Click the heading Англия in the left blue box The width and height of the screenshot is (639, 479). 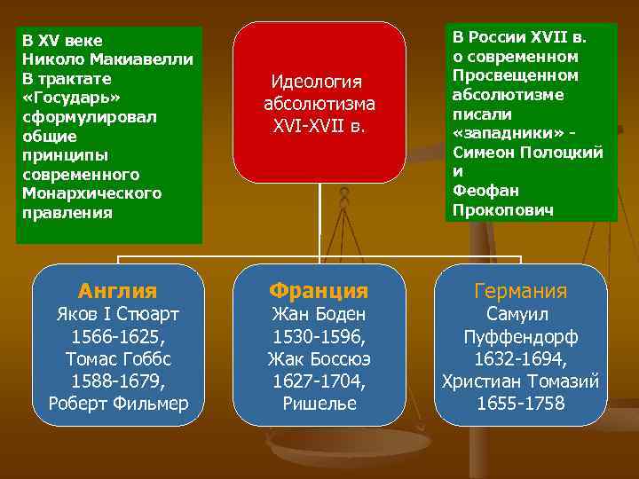click(x=117, y=290)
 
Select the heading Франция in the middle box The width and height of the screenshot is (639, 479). click(x=319, y=290)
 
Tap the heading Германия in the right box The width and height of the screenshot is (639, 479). click(x=521, y=291)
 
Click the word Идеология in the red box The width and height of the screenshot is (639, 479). click(x=319, y=82)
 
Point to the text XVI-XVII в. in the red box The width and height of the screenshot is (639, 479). click(x=319, y=126)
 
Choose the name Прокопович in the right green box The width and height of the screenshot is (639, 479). click(x=503, y=210)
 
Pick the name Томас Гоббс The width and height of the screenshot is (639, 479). click(x=117, y=358)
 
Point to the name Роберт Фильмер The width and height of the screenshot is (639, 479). click(x=117, y=404)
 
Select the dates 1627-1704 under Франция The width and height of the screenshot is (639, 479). click(x=319, y=381)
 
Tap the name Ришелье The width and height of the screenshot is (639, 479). click(x=319, y=404)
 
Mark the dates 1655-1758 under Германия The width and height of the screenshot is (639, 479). click(x=521, y=404)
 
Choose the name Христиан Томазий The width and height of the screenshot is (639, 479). click(x=521, y=381)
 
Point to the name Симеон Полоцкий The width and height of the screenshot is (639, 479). click(x=528, y=153)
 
